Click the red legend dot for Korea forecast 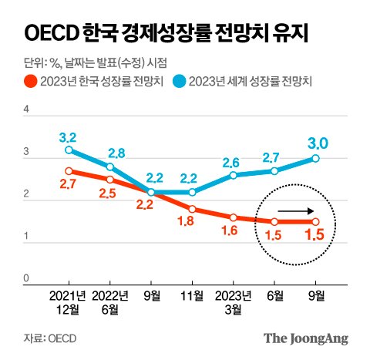29,79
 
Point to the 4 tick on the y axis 26,110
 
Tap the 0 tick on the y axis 26,278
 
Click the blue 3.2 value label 69,137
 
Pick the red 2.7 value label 69,185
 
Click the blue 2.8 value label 110,153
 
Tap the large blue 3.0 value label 318,143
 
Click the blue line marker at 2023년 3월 234,175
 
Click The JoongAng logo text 306,338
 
